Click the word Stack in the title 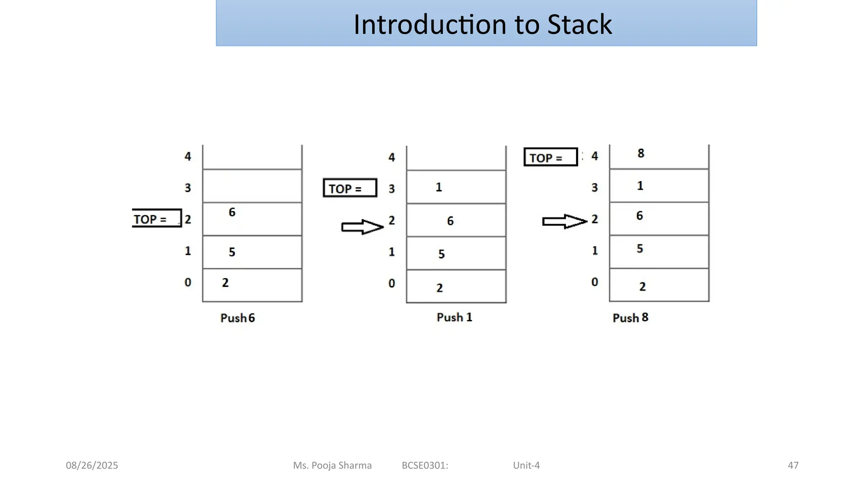579,25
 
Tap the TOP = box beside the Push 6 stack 156,219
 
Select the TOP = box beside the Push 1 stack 350,188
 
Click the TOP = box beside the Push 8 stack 550,157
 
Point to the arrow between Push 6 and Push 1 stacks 362,227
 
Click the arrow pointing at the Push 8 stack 564,221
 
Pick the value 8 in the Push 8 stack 641,153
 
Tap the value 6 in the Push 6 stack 232,212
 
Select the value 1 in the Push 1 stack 439,187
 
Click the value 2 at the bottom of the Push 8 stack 642,287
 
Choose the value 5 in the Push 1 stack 441,254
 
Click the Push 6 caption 237,318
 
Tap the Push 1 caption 454,317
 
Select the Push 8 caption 630,318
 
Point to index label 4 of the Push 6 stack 188,157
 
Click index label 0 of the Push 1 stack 392,283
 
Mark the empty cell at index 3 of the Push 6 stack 252,186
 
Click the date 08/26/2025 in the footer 92,465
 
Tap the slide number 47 793,465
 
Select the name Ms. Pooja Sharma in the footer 332,465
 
